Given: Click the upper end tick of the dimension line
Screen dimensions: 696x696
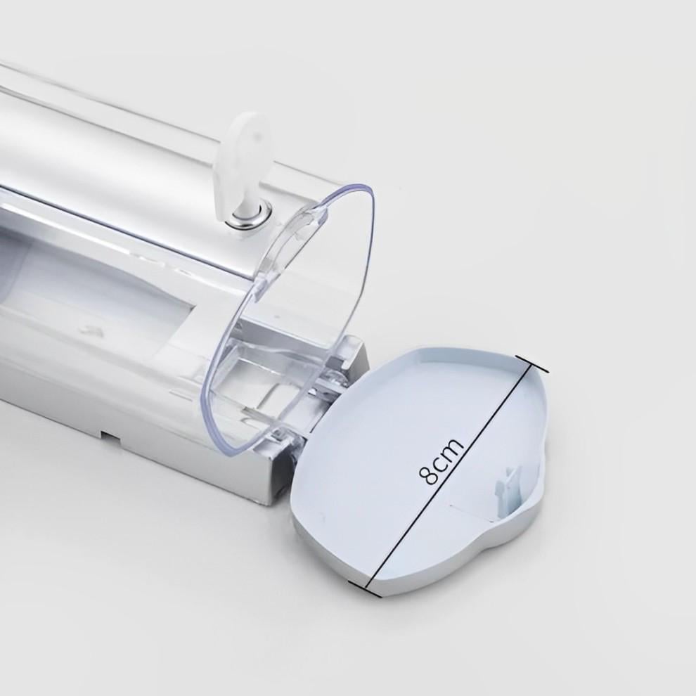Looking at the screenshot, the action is [x=533, y=363].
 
